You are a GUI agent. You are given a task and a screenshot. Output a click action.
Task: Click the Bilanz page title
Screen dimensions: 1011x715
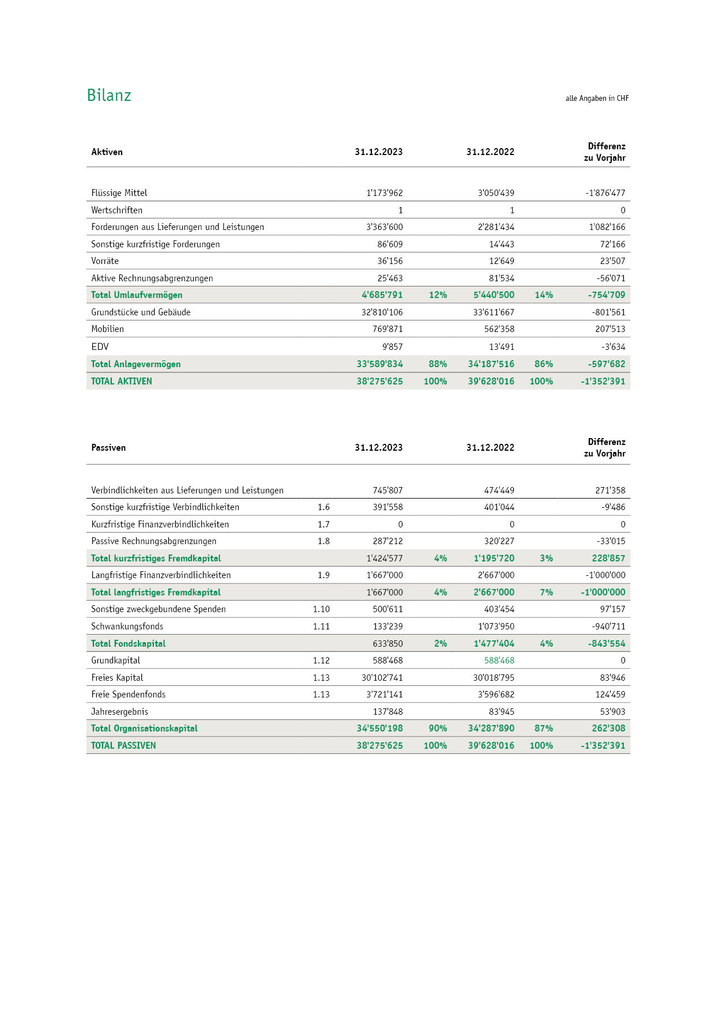(109, 95)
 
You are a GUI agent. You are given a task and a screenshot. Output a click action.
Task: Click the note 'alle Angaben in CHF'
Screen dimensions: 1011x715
(597, 99)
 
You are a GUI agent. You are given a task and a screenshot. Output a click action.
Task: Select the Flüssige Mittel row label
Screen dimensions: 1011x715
(119, 193)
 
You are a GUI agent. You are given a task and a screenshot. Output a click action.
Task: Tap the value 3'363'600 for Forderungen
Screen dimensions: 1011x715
(384, 227)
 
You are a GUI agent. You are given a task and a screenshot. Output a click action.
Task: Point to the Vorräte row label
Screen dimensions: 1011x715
(105, 261)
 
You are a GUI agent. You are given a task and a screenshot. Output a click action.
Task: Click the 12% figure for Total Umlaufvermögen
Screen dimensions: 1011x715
(438, 295)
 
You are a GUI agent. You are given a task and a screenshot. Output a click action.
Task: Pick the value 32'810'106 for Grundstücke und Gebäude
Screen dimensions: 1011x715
(382, 312)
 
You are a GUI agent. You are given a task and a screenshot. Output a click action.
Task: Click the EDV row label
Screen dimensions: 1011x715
(100, 347)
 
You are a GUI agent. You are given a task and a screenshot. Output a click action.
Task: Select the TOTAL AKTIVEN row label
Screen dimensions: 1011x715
(122, 382)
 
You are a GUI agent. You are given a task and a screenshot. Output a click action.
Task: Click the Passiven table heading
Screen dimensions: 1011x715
(108, 448)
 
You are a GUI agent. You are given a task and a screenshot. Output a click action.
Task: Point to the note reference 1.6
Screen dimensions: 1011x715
(323, 507)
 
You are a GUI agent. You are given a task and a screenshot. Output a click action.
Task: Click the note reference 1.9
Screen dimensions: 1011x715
(323, 575)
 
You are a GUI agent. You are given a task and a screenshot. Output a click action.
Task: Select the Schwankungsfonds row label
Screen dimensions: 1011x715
(127, 627)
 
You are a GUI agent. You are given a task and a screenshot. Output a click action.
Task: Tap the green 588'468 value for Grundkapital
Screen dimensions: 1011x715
(499, 661)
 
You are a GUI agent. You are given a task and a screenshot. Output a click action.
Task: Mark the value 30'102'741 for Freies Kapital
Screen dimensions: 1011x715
(382, 678)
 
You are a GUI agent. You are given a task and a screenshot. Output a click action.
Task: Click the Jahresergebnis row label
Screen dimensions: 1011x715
(119, 712)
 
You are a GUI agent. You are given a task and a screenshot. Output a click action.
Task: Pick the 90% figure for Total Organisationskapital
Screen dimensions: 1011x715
(438, 729)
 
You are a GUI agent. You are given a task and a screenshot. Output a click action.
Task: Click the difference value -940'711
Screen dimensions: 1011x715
(608, 627)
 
